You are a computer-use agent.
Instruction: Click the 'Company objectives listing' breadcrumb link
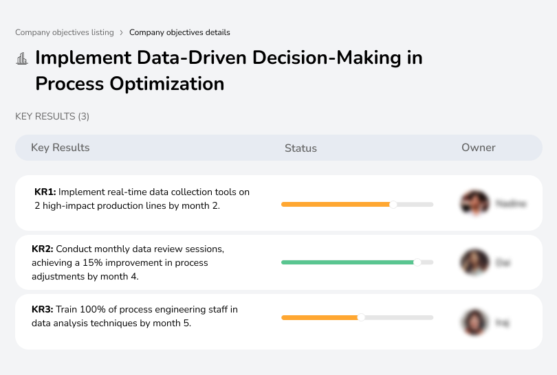click(65, 32)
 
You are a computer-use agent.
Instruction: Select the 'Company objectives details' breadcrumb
click(179, 32)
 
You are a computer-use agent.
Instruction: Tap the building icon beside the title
click(22, 58)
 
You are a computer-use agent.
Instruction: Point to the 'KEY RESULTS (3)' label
click(52, 117)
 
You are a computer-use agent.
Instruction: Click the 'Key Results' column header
click(60, 148)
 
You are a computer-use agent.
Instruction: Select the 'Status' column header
click(301, 148)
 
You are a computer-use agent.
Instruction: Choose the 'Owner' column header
click(478, 148)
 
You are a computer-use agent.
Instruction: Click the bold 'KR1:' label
click(45, 192)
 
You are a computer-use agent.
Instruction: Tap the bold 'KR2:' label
click(43, 249)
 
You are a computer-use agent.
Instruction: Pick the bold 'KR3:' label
click(43, 310)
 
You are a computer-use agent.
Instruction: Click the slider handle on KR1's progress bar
click(393, 204)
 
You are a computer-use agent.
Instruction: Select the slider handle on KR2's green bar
click(417, 262)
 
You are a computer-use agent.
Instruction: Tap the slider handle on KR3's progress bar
click(361, 317)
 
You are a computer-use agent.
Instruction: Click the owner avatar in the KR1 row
click(474, 203)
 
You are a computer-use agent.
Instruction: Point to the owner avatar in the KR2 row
click(474, 262)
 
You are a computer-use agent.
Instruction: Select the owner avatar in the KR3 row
click(474, 321)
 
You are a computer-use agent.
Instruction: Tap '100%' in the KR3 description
click(93, 310)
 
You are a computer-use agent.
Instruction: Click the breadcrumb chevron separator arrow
click(122, 32)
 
